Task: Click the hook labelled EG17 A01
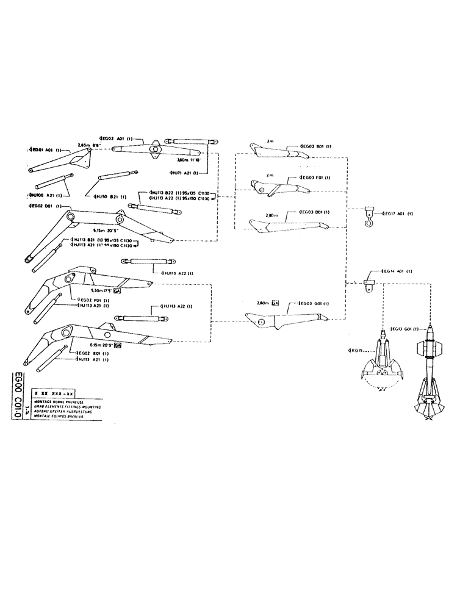(369, 217)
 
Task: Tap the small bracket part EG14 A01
(368, 282)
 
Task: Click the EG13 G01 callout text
(399, 329)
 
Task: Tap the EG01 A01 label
(46, 149)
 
